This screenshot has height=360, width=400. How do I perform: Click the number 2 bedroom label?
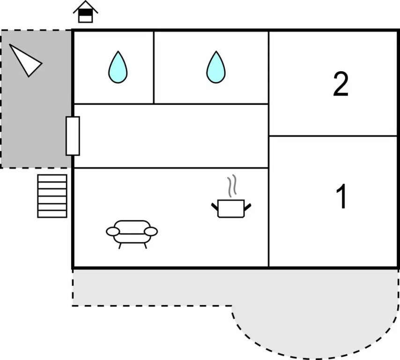click(341, 84)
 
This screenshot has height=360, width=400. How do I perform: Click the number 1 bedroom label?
click(342, 197)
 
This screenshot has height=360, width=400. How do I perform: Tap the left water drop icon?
click(118, 67)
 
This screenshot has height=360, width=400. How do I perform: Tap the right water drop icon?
click(215, 67)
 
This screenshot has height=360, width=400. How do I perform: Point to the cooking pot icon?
click(231, 208)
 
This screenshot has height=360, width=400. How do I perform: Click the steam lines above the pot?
click(231, 187)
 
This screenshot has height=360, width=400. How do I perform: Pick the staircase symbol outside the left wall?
click(52, 196)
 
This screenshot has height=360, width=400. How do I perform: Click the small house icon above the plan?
click(85, 12)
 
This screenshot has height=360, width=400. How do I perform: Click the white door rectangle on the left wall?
click(73, 136)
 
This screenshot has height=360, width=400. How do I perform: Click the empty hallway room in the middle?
click(171, 136)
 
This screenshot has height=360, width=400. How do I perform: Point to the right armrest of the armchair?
click(151, 232)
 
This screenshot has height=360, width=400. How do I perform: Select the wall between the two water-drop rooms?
click(154, 67)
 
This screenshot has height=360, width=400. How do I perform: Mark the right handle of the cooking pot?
click(247, 206)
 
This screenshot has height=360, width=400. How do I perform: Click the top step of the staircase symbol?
click(52, 178)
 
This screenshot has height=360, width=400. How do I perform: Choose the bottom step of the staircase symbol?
click(52, 214)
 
